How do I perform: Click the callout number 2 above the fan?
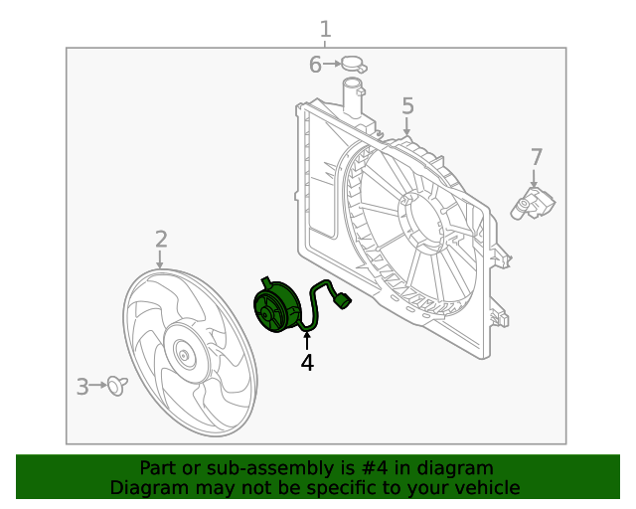tap(160, 239)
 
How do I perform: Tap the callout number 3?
tap(83, 386)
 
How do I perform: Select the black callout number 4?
tap(307, 364)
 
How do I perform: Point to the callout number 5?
tap(407, 106)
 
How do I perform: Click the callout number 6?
tap(315, 66)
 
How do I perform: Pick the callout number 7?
tap(537, 157)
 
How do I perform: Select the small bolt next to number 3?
tap(118, 385)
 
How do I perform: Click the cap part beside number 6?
tap(354, 67)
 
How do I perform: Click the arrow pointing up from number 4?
tap(307, 341)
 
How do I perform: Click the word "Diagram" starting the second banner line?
tap(146, 488)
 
